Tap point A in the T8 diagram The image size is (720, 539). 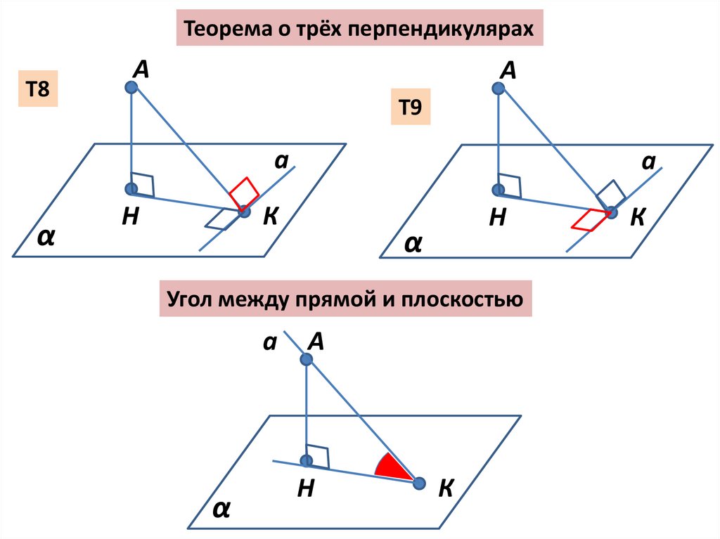(131, 87)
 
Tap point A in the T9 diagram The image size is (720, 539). (499, 89)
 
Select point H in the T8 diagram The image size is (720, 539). (131, 188)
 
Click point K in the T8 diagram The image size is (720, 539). (244, 210)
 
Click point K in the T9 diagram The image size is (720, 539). (611, 212)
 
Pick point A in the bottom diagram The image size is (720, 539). (306, 359)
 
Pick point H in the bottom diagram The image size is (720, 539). (306, 461)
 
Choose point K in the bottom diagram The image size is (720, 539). (419, 483)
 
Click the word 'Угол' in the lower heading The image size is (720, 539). (190, 300)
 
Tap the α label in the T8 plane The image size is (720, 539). (46, 238)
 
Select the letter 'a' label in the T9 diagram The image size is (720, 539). (648, 163)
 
